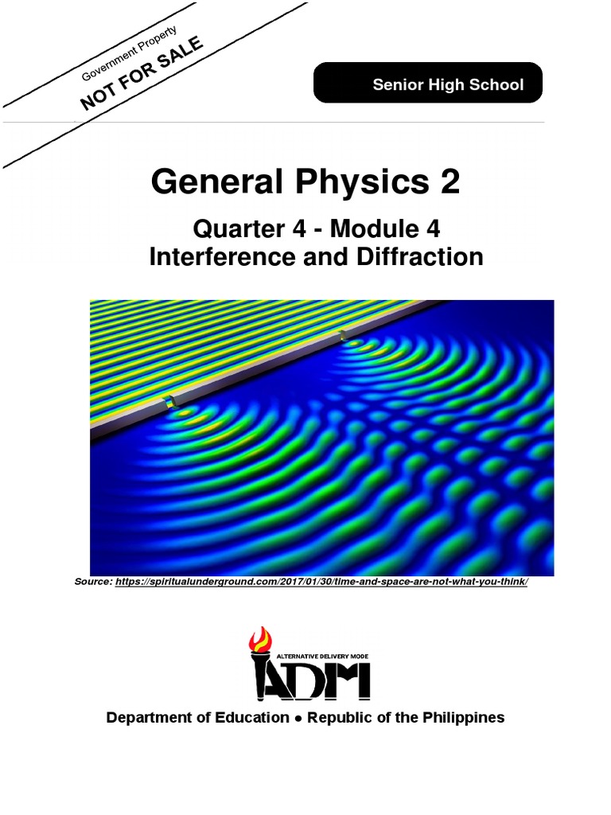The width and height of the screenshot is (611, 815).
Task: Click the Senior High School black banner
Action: pos(428,84)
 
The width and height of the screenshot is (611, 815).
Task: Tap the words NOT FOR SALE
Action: pos(142,72)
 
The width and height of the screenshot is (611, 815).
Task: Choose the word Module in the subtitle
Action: pos(375,229)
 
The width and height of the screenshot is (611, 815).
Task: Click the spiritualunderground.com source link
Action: pos(321,582)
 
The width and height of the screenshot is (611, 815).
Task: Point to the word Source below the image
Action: pos(93,582)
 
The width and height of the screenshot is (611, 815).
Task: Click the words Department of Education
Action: pos(197,717)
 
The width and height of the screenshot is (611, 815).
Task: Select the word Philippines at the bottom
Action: pos(464,717)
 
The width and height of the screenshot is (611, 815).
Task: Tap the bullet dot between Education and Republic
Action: pos(298,718)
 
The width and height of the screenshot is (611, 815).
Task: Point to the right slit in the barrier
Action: pos(342,337)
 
